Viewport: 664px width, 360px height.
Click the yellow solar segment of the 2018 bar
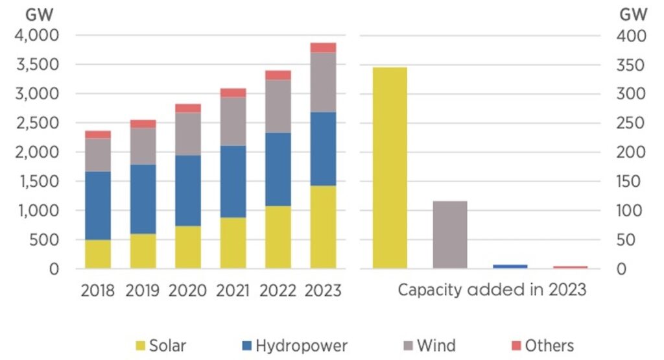tap(97, 254)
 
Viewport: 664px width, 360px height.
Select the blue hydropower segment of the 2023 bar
tap(323, 149)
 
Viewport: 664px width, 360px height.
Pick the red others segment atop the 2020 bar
tap(188, 108)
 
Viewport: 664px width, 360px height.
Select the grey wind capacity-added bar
tap(450, 234)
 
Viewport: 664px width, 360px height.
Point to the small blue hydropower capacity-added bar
tap(510, 266)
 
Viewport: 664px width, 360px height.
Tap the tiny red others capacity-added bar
tap(570, 267)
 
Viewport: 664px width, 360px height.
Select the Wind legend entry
tap(427, 345)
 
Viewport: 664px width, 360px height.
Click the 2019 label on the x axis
tap(143, 290)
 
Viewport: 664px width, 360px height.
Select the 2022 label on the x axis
tap(278, 290)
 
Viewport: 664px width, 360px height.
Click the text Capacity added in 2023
tap(492, 289)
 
